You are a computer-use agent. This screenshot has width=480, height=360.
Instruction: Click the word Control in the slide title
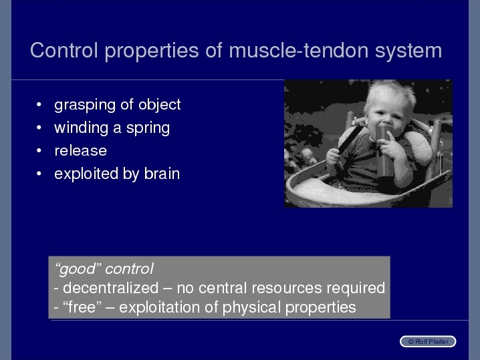(x=64, y=50)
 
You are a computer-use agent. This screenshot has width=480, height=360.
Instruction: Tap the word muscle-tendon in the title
(x=298, y=50)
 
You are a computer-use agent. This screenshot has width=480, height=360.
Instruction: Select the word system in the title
(x=408, y=51)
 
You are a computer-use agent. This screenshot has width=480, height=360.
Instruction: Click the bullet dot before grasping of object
(x=39, y=105)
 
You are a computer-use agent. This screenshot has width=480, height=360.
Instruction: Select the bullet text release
(x=80, y=151)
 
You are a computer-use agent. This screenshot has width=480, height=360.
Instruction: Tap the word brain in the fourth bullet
(x=162, y=174)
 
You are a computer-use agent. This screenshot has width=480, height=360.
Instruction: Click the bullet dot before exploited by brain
(x=39, y=174)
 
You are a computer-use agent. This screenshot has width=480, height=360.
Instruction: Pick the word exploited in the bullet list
(x=86, y=174)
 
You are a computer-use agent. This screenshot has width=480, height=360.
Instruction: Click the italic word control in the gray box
(x=129, y=269)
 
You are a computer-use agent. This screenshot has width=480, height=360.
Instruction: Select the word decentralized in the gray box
(x=110, y=288)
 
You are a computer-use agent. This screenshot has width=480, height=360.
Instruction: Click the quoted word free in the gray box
(x=82, y=307)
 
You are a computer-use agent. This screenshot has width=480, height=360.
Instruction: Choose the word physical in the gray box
(x=251, y=308)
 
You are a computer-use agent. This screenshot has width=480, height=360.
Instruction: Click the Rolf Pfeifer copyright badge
(x=428, y=342)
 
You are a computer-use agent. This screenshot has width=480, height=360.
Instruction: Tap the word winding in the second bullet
(x=81, y=128)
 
